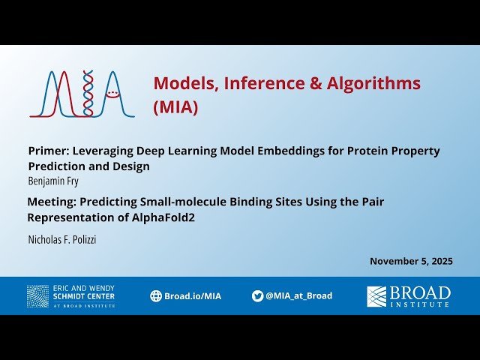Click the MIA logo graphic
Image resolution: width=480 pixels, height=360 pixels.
[82, 94]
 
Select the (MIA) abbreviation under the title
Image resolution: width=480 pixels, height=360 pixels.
[175, 107]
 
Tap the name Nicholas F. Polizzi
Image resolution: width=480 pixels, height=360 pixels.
[62, 239]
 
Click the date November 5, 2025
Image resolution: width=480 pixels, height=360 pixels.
[411, 261]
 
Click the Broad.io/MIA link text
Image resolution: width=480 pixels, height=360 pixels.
[193, 296]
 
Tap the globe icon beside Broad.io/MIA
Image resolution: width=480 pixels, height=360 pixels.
[156, 296]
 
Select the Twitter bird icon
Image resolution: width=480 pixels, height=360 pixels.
[257, 296]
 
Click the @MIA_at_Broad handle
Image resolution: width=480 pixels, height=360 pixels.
[298, 296]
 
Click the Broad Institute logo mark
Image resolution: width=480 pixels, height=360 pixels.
[376, 296]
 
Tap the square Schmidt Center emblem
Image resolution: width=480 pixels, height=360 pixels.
[37, 296]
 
